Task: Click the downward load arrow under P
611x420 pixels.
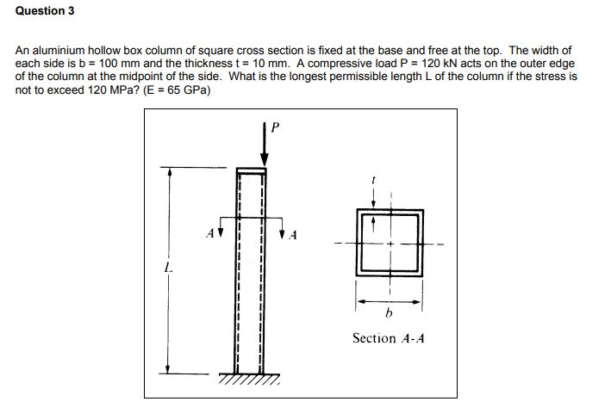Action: [x=265, y=148]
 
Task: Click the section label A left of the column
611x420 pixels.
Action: [x=209, y=232]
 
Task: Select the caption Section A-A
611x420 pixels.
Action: [x=388, y=338]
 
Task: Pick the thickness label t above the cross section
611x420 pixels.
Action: [x=373, y=180]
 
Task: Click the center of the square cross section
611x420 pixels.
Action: [x=390, y=243]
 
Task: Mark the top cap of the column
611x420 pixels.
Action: [x=251, y=171]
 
